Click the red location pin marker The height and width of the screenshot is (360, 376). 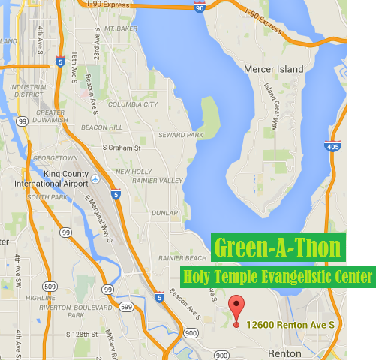(x=237, y=310)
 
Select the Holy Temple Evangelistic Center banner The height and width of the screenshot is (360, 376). (x=277, y=277)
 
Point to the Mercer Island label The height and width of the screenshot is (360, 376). (x=274, y=69)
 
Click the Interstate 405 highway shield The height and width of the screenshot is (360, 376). (x=333, y=147)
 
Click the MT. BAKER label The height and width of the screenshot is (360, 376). (x=121, y=28)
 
